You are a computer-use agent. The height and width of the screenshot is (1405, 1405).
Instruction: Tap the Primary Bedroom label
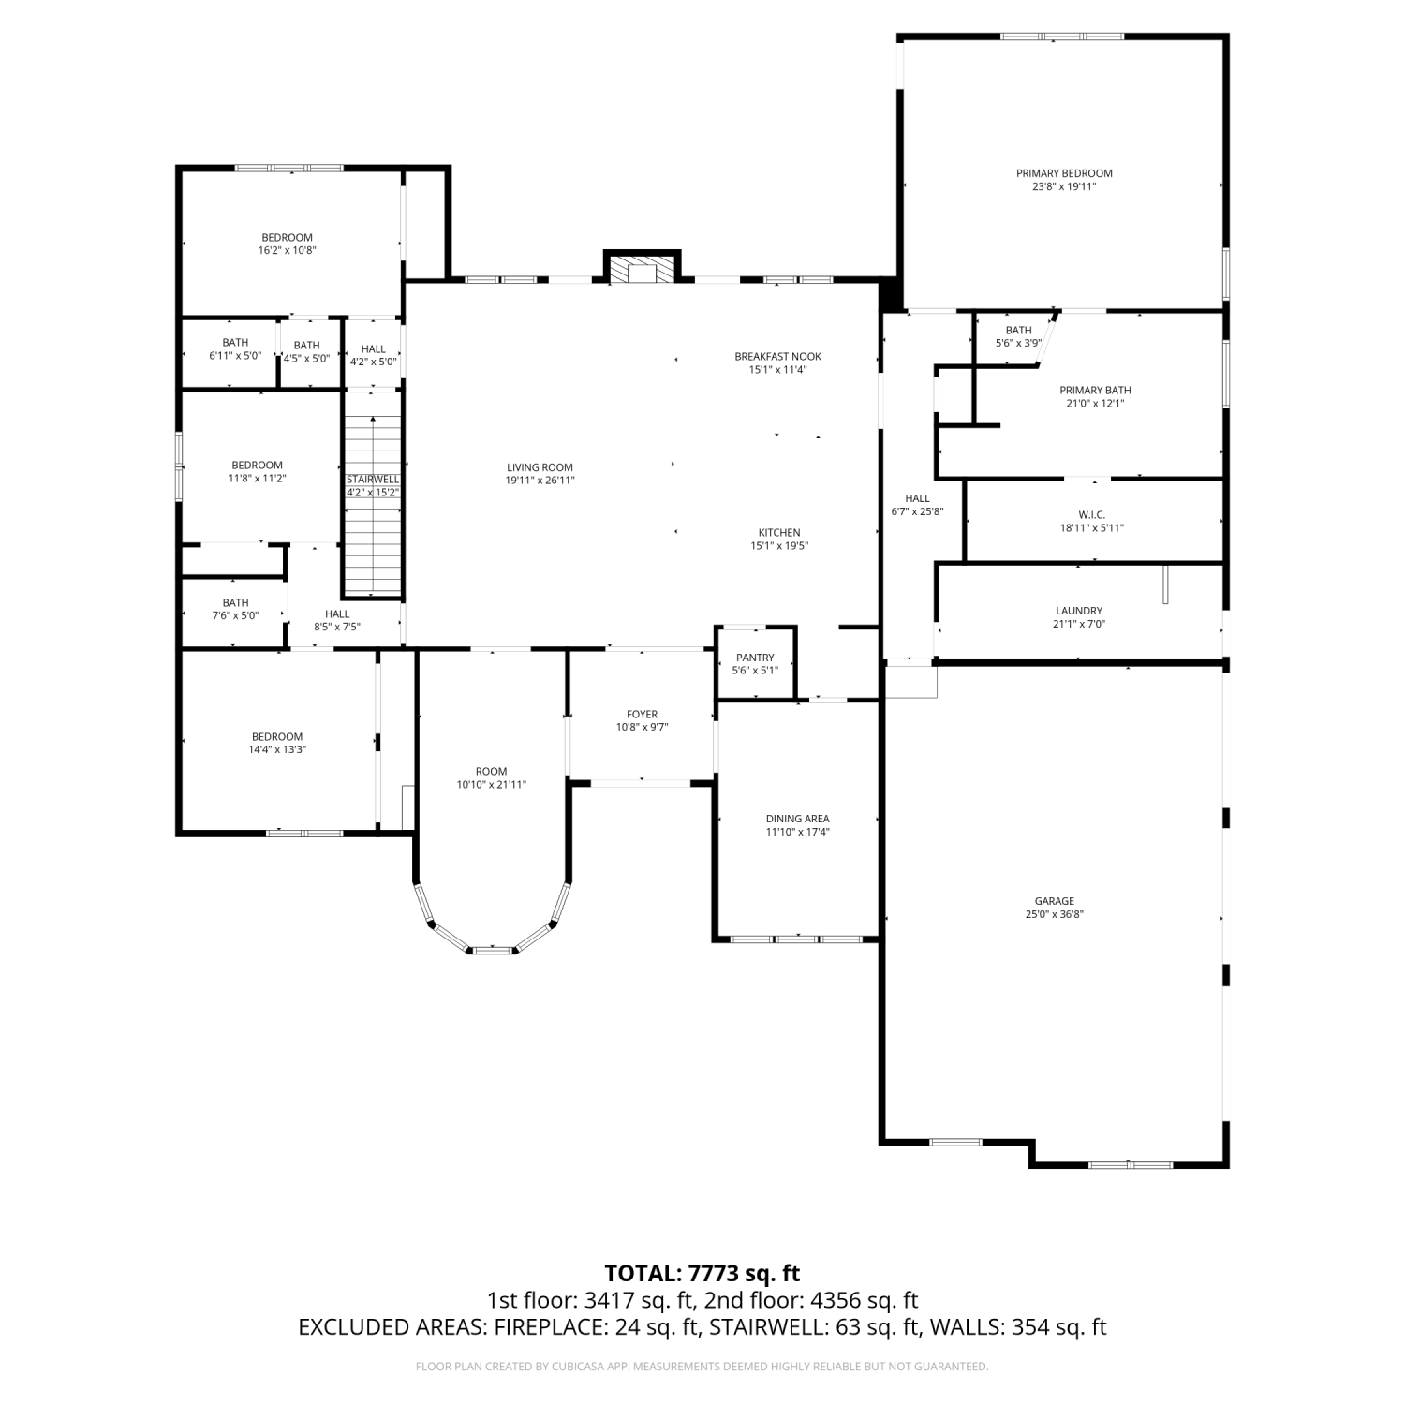pos(1064,173)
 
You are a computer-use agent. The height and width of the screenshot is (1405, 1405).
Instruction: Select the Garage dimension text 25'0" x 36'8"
pos(1054,915)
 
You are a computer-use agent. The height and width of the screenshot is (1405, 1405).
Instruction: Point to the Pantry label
pos(755,658)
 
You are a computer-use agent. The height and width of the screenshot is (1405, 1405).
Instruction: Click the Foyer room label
pos(643,715)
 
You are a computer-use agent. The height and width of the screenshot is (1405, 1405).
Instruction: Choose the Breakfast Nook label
pos(777,357)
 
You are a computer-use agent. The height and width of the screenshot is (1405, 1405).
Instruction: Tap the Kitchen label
pos(779,533)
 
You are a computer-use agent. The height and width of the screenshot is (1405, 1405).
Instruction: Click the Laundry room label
pos(1079,611)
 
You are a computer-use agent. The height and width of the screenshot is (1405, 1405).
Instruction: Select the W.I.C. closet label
pos(1092,515)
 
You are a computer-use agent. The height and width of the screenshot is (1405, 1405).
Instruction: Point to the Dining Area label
pos(797,819)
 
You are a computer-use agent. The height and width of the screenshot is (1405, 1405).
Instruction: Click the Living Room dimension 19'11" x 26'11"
pos(540,481)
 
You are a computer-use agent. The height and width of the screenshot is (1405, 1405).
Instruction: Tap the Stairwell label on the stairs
pos(373,480)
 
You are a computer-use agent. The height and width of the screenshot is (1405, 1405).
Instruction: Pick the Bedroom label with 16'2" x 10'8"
pos(288,238)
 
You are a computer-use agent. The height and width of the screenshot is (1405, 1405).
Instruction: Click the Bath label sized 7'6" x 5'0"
pos(236,603)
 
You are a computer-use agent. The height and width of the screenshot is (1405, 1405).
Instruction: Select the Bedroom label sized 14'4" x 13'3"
pos(277,737)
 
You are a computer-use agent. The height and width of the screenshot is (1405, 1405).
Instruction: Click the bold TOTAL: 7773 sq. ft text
pos(702,1273)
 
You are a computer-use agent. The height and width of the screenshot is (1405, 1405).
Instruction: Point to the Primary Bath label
pos(1095,391)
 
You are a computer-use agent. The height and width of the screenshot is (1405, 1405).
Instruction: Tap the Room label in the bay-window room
pos(491,772)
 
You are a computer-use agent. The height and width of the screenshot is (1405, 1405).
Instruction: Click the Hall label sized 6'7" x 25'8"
pos(917,498)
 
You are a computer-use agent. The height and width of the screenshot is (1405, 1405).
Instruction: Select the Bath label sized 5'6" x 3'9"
pos(1018,331)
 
